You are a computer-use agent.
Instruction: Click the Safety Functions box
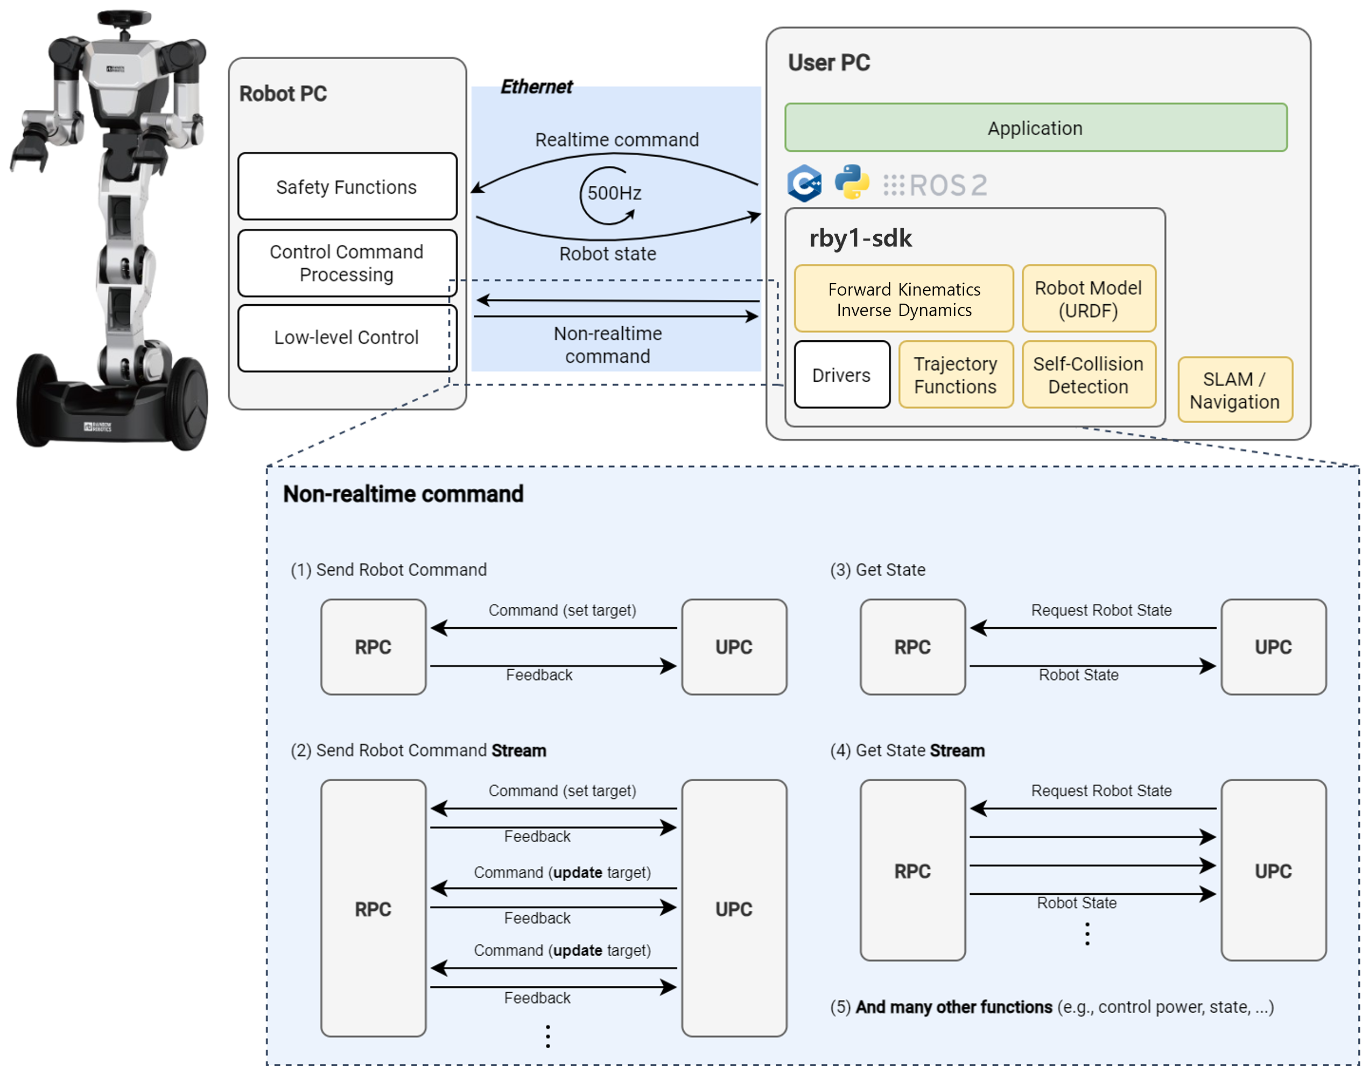coord(347,187)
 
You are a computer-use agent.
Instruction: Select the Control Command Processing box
coord(347,263)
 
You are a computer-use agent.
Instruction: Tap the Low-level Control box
coord(347,338)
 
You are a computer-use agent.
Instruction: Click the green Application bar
coord(1035,128)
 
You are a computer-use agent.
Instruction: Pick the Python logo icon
coord(851,183)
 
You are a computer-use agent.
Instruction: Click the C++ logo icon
coord(804,184)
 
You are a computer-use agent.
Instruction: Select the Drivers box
coord(841,375)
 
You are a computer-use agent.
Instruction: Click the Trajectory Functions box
coord(954,375)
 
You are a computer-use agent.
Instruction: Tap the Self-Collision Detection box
coord(1088,375)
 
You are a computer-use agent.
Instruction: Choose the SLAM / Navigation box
coord(1234,390)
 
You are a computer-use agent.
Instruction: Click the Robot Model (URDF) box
coord(1088,299)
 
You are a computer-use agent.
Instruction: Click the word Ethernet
coord(536,87)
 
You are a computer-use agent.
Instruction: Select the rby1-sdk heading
coord(860,239)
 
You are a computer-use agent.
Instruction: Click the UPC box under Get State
coord(1273,647)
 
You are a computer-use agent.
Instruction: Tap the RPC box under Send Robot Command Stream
coord(373,908)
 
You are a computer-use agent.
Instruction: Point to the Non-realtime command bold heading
coord(403,494)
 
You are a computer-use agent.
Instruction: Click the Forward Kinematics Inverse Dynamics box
coord(903,299)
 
